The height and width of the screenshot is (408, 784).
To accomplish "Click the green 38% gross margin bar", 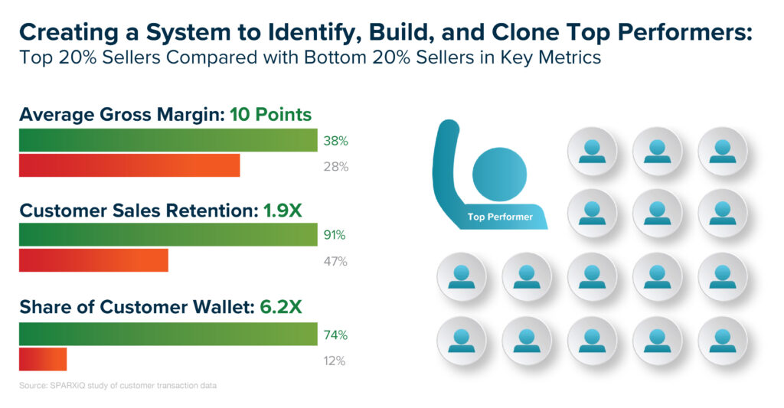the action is (x=168, y=140).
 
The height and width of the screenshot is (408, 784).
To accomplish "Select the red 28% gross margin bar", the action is (x=129, y=165).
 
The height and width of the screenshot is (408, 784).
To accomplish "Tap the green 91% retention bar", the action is (x=168, y=234).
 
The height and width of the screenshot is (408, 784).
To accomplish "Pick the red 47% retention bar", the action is (x=93, y=260).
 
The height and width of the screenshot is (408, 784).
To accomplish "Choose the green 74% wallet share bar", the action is (x=168, y=334).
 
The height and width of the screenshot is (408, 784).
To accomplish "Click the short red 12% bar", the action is (x=43, y=360).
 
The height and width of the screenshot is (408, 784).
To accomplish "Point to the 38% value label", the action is (x=335, y=141).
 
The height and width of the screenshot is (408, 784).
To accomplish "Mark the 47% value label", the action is (x=335, y=261).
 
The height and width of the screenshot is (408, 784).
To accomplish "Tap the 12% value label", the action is (x=335, y=361).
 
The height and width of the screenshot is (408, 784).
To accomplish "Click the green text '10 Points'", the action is (x=270, y=115).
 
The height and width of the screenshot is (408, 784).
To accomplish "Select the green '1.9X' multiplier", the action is (x=283, y=211).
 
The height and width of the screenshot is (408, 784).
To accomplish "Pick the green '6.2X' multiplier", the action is (x=281, y=306).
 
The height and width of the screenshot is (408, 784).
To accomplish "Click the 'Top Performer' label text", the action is (x=500, y=217).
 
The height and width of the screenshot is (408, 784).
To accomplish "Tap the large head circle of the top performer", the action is (x=499, y=175).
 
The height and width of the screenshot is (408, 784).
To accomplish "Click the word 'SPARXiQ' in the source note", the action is (x=67, y=386).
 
